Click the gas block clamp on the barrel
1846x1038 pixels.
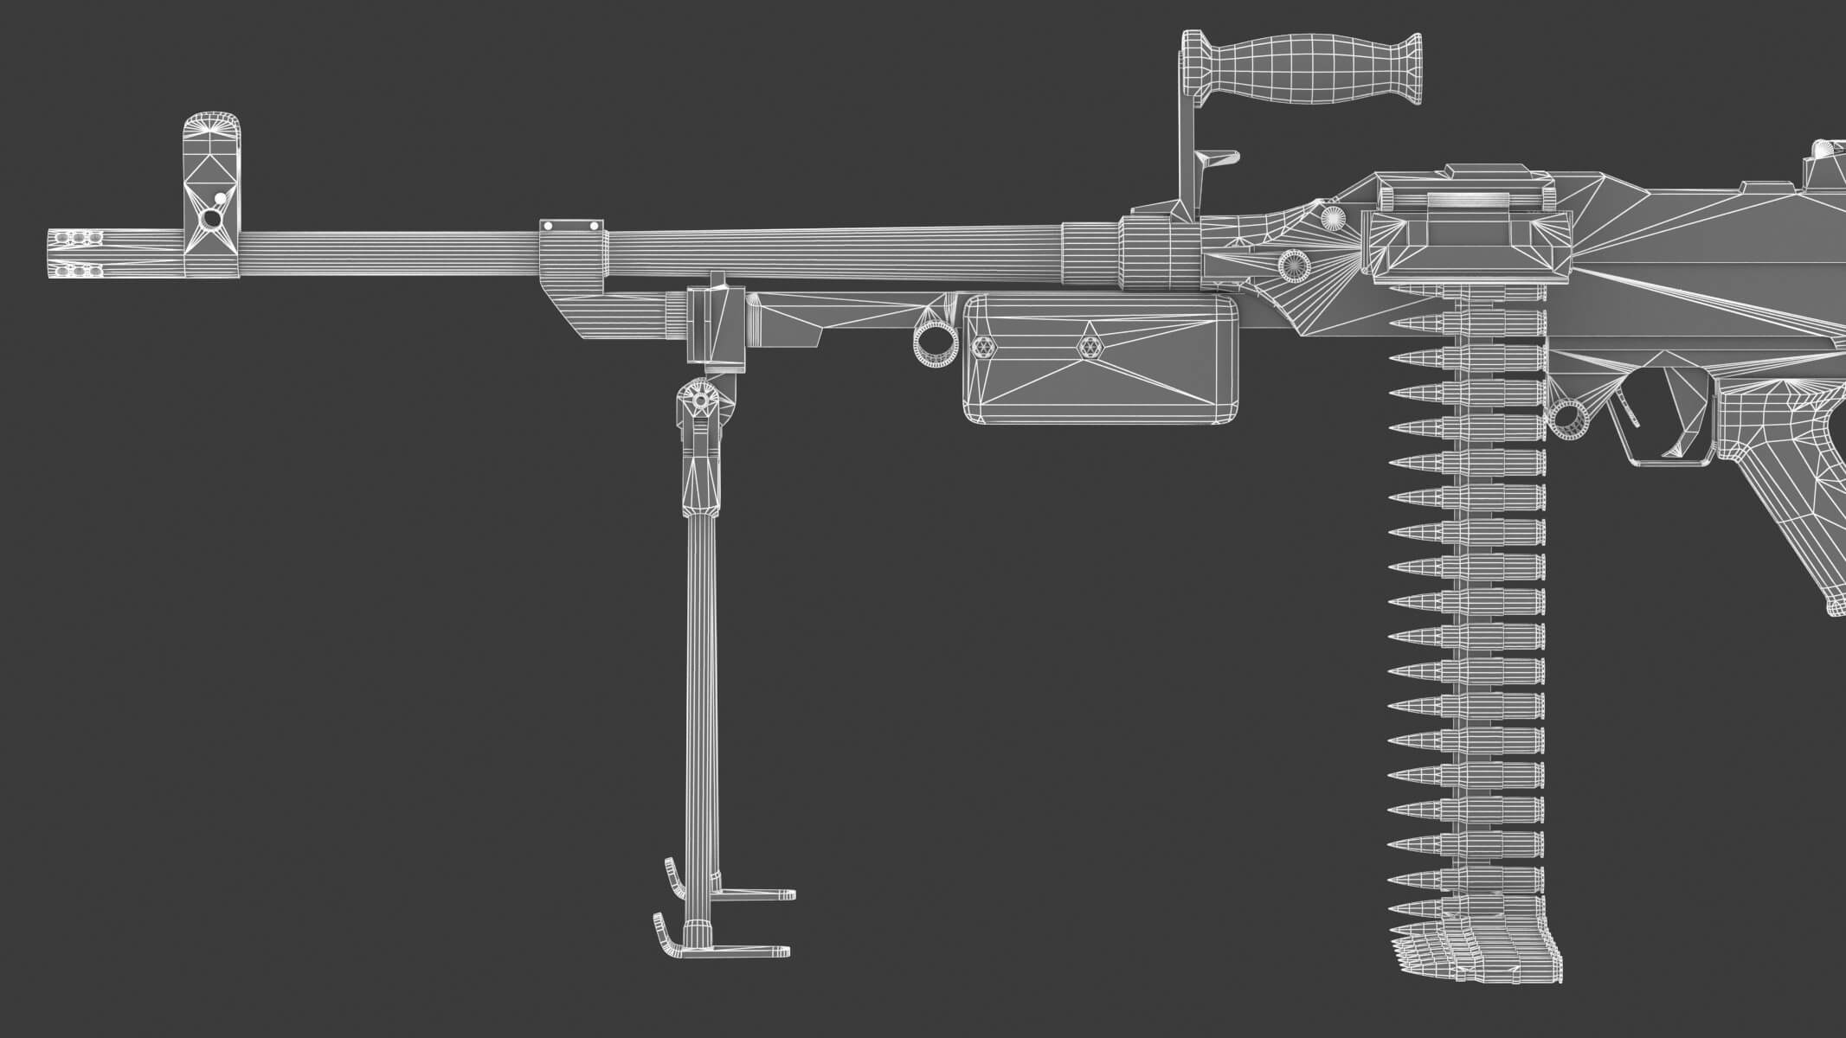(571, 251)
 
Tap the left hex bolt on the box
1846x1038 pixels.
(982, 347)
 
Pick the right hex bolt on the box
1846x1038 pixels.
(1090, 347)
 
